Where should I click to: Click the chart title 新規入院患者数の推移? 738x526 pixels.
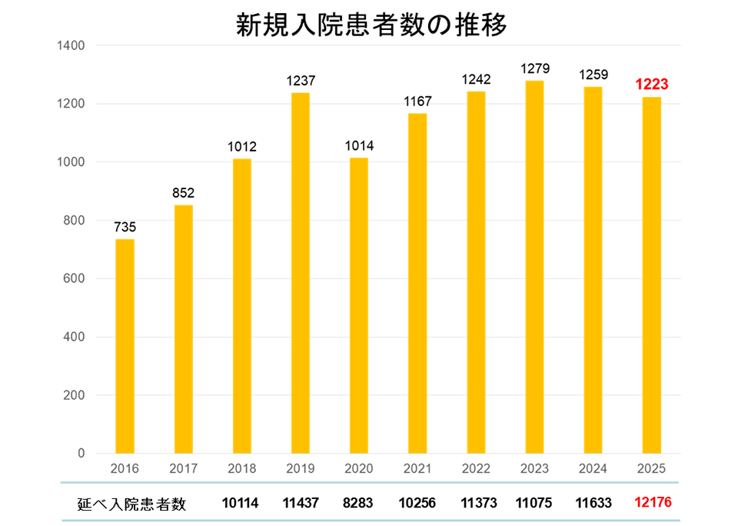coord(371,25)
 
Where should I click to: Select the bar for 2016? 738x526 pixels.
coord(125,346)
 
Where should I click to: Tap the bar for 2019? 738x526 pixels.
coord(300,273)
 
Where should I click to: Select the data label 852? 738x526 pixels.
coord(183,192)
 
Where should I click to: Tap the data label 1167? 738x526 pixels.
coord(417,101)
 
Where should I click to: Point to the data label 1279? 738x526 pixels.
coord(534,68)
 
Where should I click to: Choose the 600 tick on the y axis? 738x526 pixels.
coord(74,278)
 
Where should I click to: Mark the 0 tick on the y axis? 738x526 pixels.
coord(81,454)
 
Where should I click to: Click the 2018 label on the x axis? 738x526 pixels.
coord(241,468)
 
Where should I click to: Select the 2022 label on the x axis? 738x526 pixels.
coord(475,468)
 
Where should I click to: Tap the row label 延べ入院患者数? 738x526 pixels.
coord(131,504)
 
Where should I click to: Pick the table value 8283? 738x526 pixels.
coord(359,504)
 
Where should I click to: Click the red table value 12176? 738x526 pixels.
coord(653,503)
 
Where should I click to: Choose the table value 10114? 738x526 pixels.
coord(241,504)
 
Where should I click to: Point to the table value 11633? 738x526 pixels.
coord(593,504)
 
